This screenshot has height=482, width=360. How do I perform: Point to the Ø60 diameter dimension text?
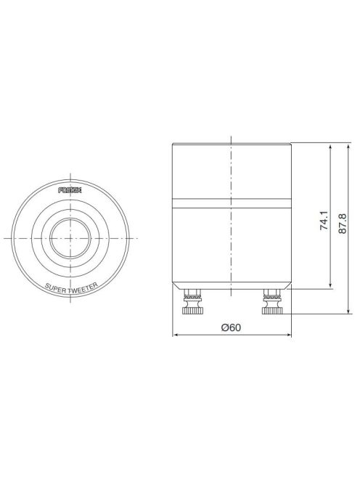[x=231, y=327]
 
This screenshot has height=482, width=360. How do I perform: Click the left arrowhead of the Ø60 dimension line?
[x=175, y=335]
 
